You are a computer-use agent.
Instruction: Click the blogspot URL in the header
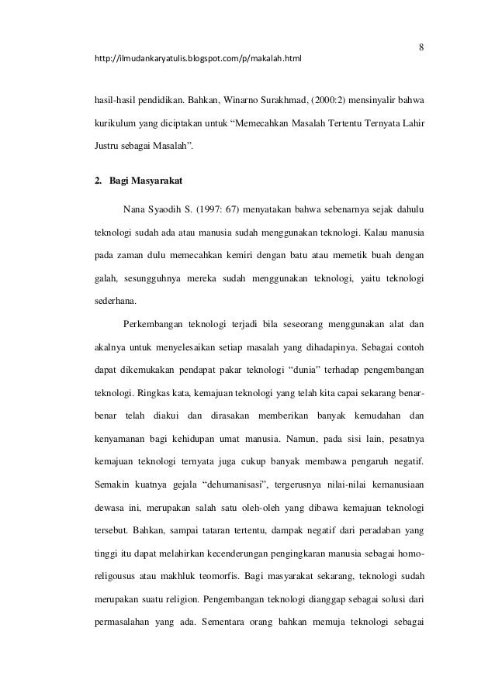tap(198, 59)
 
